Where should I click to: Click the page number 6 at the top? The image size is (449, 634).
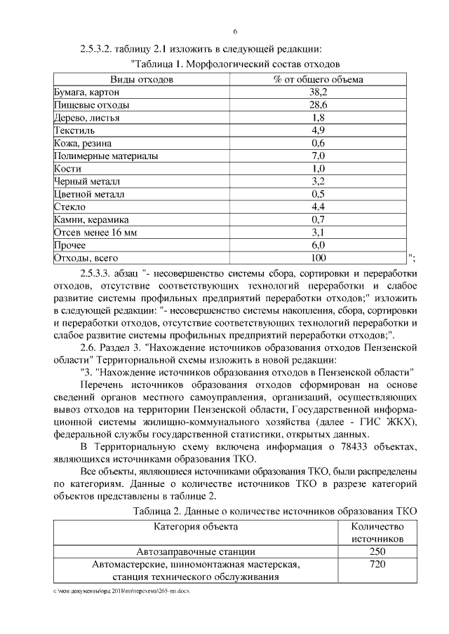pyautogui.click(x=235, y=32)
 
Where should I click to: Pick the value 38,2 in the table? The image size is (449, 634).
pyautogui.click(x=318, y=92)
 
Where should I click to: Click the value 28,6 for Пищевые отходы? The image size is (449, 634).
pyautogui.click(x=318, y=105)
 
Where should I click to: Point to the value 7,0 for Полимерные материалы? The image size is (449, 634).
pyautogui.click(x=318, y=156)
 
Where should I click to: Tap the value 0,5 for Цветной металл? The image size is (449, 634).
pyautogui.click(x=318, y=194)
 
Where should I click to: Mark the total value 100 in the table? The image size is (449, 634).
pyautogui.click(x=318, y=258)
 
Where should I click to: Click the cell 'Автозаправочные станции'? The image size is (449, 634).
pyautogui.click(x=196, y=552)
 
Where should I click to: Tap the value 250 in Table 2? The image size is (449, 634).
pyautogui.click(x=377, y=552)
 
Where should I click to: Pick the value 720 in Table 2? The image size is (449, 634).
pyautogui.click(x=377, y=565)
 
